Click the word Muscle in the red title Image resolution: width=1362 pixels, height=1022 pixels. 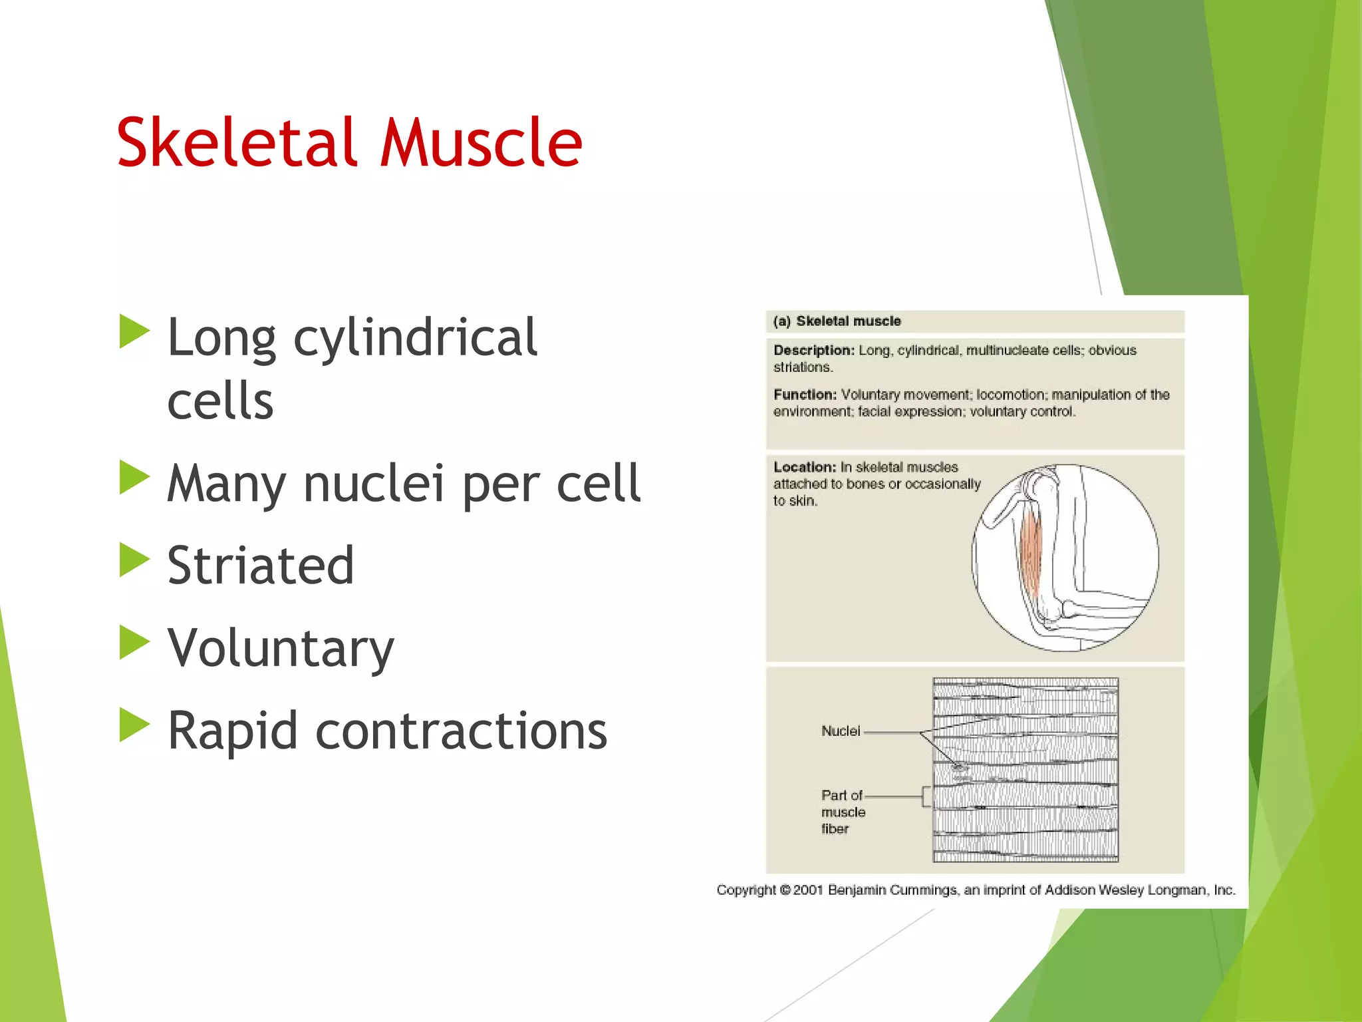click(x=480, y=142)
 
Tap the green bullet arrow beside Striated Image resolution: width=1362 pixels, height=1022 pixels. click(x=134, y=560)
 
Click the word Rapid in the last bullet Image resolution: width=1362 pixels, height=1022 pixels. click(x=232, y=731)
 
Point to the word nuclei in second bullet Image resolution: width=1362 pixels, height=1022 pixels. click(x=373, y=483)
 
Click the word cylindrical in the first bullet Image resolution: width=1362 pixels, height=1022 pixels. click(x=415, y=338)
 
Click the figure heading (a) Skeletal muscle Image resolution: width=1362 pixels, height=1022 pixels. click(x=837, y=321)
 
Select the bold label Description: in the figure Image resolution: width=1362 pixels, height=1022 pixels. click(x=813, y=350)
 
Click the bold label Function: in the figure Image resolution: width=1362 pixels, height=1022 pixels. click(x=805, y=395)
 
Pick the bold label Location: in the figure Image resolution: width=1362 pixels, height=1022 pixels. click(x=804, y=467)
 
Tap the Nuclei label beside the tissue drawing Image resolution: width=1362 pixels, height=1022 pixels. click(x=841, y=731)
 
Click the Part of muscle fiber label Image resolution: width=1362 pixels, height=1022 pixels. click(x=843, y=812)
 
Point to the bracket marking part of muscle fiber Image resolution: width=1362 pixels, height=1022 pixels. click(x=926, y=796)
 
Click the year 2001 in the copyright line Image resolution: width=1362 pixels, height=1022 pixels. click(x=808, y=890)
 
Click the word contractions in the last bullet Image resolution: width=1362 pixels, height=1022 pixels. click(x=461, y=731)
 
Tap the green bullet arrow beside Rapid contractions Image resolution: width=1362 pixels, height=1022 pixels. click(x=134, y=725)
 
